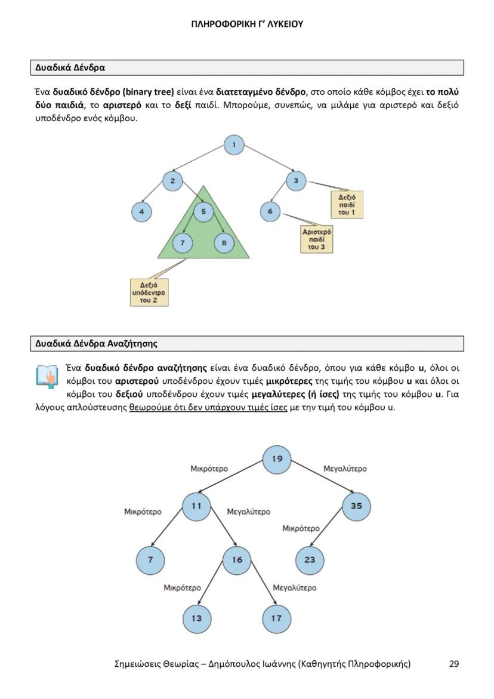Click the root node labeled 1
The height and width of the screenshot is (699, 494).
pos(234,144)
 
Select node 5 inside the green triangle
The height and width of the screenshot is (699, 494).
pos(203,211)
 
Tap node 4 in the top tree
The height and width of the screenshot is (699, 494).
pos(141,211)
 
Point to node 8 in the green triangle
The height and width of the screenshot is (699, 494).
pos(224,242)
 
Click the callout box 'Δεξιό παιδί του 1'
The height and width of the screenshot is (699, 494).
pos(347,205)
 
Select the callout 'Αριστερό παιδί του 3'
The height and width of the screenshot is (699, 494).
pos(317,239)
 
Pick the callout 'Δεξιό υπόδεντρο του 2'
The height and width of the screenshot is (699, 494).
pos(149,292)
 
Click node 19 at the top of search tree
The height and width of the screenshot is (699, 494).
pos(277,459)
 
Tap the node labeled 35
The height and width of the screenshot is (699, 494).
pos(356,506)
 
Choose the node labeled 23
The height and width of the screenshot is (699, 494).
pos(310,560)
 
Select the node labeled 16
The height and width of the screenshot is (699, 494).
pos(237,560)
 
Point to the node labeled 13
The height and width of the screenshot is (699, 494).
pos(196,618)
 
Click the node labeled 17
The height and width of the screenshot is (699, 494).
pos(276,618)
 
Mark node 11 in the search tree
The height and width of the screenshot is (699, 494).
pos(196,506)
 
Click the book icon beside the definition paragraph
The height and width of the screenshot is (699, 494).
pos(47,377)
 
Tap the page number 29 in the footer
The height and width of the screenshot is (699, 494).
pos(453,663)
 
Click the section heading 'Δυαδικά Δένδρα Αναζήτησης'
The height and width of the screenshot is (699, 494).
pos(96,343)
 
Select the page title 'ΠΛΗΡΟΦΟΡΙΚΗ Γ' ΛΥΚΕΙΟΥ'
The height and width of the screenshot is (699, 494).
pos(247,24)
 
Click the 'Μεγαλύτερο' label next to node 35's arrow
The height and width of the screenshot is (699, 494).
pos(345,469)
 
